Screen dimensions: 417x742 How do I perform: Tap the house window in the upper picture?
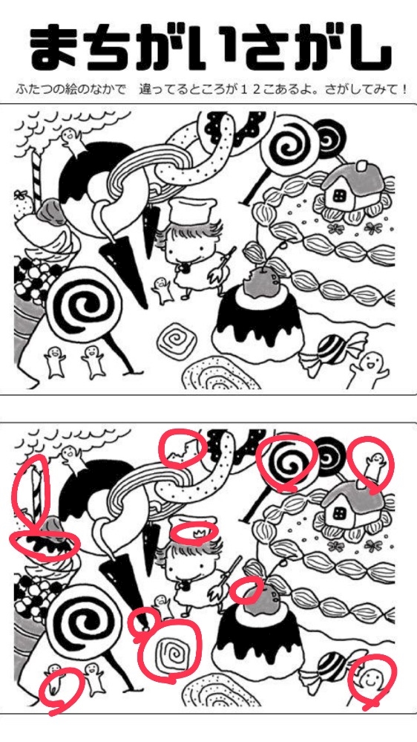pyautogui.click(x=339, y=194)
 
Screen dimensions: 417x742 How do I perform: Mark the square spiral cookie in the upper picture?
pyautogui.click(x=176, y=339)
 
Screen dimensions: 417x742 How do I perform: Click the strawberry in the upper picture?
pyautogui.click(x=24, y=204)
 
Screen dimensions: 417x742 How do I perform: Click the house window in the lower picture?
pyautogui.click(x=339, y=514)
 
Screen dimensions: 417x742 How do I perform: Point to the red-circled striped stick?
pyautogui.click(x=35, y=492)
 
